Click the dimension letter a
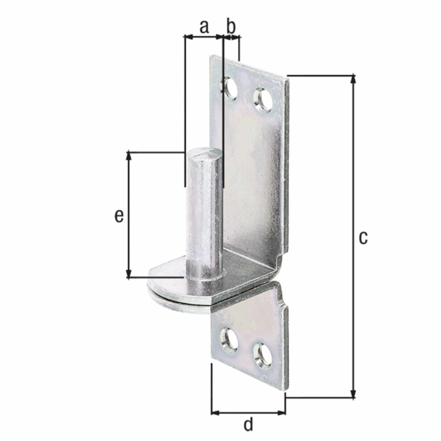(x=204, y=27)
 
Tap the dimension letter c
(x=363, y=238)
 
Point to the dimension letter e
(x=119, y=216)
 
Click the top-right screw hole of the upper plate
(x=263, y=100)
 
